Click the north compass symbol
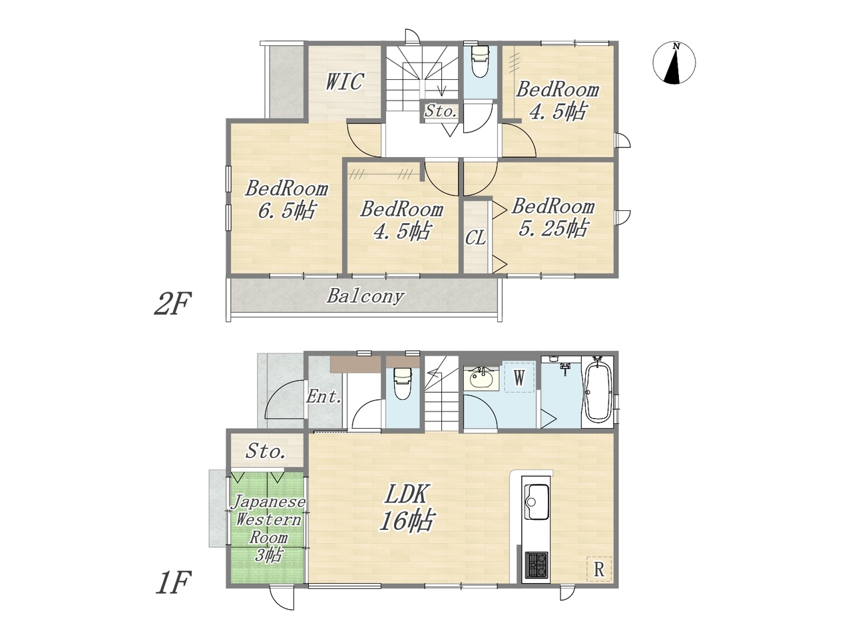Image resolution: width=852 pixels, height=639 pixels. pyautogui.click(x=674, y=63)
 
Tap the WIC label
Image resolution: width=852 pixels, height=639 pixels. pyautogui.click(x=344, y=81)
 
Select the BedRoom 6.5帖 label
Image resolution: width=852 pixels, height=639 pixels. pyautogui.click(x=286, y=200)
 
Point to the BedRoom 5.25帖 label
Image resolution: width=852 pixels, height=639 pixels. pyautogui.click(x=552, y=217)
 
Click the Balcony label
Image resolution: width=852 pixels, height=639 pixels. pyautogui.click(x=365, y=297)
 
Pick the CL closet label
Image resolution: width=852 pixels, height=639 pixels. pyautogui.click(x=475, y=238)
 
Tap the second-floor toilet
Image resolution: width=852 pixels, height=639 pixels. pyautogui.click(x=480, y=61)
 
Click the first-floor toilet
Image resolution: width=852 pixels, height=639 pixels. pyautogui.click(x=402, y=383)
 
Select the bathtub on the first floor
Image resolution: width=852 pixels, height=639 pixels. pyautogui.click(x=598, y=389)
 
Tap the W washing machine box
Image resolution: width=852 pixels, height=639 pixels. pyautogui.click(x=519, y=377)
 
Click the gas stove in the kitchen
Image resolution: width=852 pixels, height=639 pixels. pyautogui.click(x=536, y=565)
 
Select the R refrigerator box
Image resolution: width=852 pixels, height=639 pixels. pyautogui.click(x=598, y=569)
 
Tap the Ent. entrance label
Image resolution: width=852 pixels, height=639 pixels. pyautogui.click(x=324, y=397)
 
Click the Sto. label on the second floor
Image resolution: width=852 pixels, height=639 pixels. pyautogui.click(x=441, y=111)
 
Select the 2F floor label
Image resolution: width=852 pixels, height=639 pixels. pyautogui.click(x=172, y=304)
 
